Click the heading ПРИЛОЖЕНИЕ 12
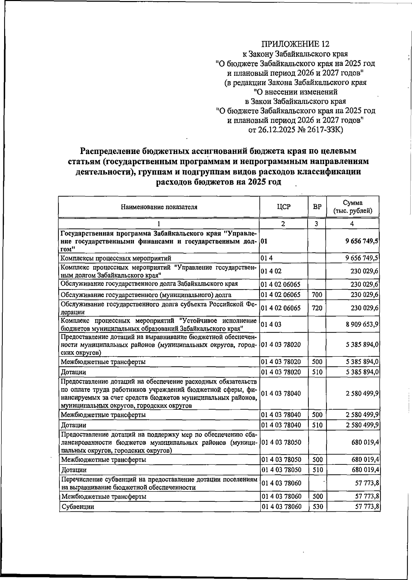(x=295, y=44)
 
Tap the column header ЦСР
(x=284, y=207)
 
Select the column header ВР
(x=317, y=207)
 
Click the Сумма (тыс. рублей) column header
(x=353, y=207)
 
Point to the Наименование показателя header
(x=159, y=207)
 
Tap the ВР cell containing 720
(x=317, y=308)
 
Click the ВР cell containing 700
(x=317, y=295)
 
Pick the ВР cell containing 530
(x=318, y=507)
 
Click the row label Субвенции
(x=78, y=507)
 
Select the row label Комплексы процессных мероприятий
(x=116, y=258)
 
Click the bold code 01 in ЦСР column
(x=264, y=241)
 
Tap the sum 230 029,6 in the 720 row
(x=364, y=308)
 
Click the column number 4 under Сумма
(x=352, y=224)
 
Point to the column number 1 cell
(x=159, y=224)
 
